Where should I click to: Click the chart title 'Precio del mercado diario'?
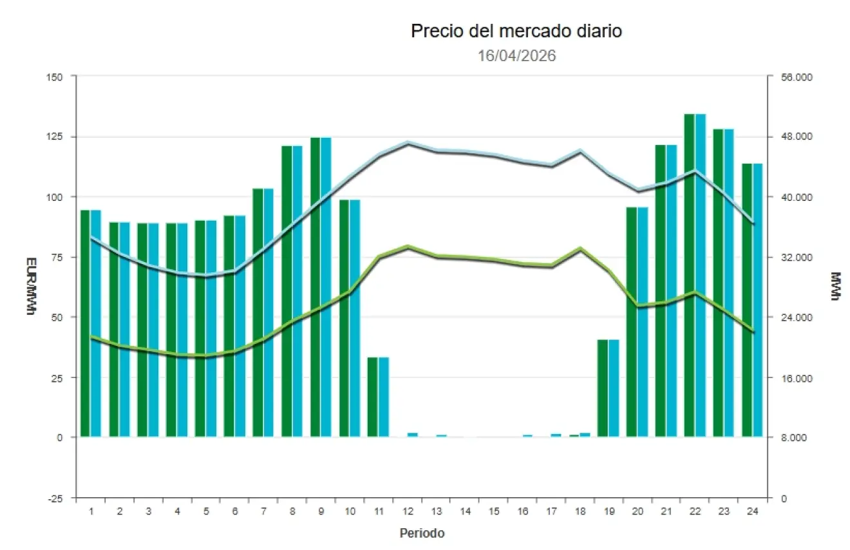516,31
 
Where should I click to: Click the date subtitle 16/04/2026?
516,56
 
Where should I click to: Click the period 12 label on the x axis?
408,511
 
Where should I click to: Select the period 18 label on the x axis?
580,511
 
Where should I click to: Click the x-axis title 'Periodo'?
422,533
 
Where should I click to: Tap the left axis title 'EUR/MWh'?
30,287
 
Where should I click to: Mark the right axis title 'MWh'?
835,287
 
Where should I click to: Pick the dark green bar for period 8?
287,291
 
